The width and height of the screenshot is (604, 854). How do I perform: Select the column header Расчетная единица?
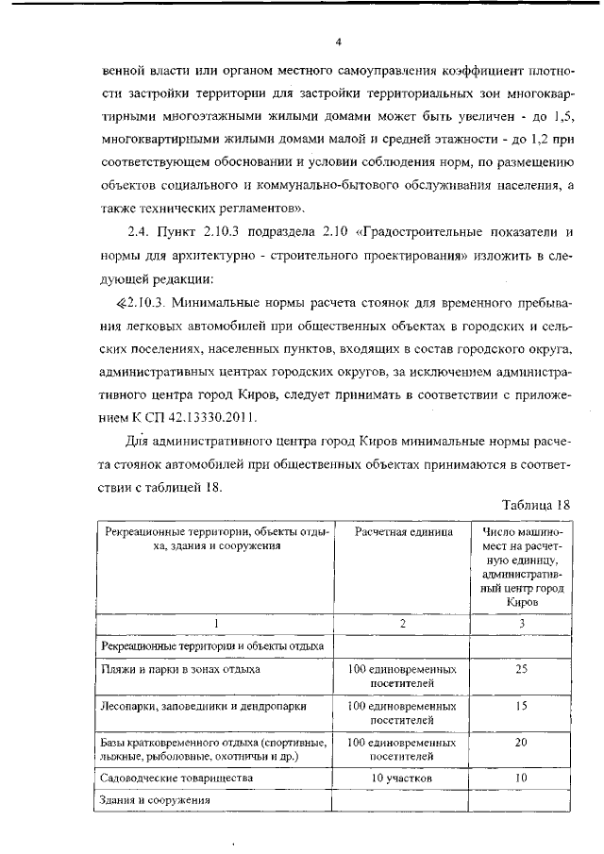click(x=404, y=532)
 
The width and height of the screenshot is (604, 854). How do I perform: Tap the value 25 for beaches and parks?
click(x=521, y=669)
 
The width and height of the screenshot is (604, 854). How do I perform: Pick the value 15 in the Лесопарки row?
click(x=521, y=705)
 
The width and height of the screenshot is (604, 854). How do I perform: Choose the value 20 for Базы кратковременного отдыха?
click(x=521, y=743)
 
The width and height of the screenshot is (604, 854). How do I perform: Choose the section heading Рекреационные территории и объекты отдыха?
click(x=211, y=646)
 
